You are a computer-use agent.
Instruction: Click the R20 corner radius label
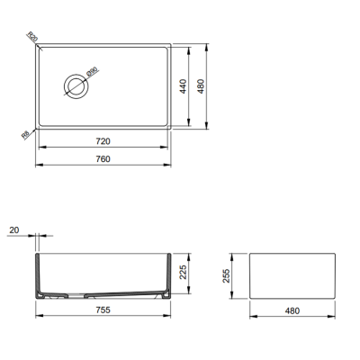[32, 38]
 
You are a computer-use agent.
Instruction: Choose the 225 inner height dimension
[184, 274]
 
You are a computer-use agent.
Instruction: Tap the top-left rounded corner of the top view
[38, 43]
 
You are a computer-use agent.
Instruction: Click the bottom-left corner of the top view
[38, 129]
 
